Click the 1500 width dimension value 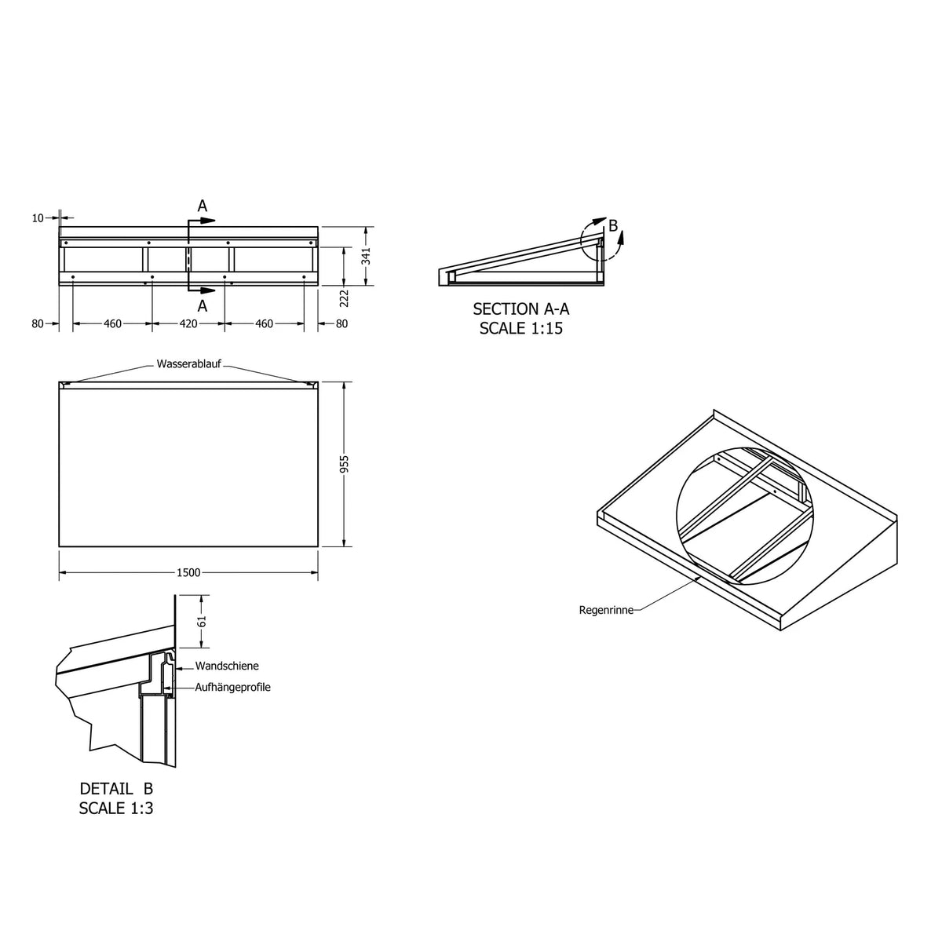pos(188,572)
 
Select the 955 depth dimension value pos(345,464)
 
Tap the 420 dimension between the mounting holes pos(188,323)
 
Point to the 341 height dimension pos(367,256)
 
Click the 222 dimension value pos(344,298)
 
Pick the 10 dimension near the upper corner pos(38,218)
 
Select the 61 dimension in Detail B pos(203,621)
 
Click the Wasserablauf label pos(188,363)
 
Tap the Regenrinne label pos(606,610)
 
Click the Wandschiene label pos(227,666)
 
